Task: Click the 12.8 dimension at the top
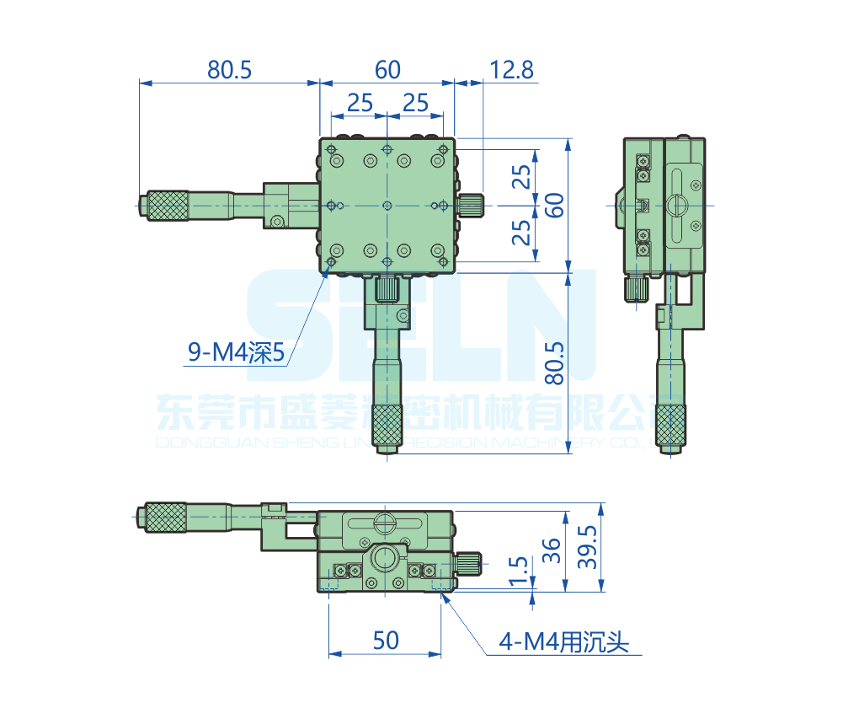coord(511,70)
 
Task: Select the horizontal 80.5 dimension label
coord(229,70)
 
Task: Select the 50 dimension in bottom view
coord(385,641)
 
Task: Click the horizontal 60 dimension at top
coord(387,70)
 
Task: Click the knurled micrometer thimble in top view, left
coord(167,206)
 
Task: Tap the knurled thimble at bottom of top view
coord(387,425)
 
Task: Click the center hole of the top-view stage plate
coord(387,205)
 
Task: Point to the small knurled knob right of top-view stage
coord(472,205)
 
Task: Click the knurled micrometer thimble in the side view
coord(671,425)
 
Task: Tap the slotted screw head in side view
coord(678,204)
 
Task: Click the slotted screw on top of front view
coord(386,522)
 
